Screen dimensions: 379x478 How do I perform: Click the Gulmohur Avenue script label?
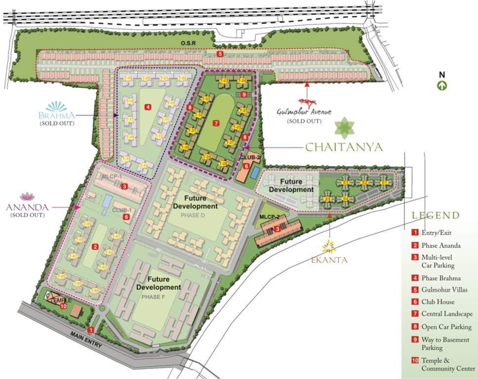click(304, 113)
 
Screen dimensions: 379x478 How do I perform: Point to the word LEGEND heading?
click(436, 215)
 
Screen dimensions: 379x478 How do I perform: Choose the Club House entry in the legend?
click(438, 302)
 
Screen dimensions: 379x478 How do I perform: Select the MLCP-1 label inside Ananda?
click(112, 176)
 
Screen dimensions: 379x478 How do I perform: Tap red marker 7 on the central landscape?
click(215, 122)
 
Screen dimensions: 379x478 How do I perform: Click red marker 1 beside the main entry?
click(90, 329)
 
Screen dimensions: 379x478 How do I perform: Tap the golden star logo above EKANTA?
click(329, 245)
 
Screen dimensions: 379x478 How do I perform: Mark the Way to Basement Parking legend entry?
click(444, 343)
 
